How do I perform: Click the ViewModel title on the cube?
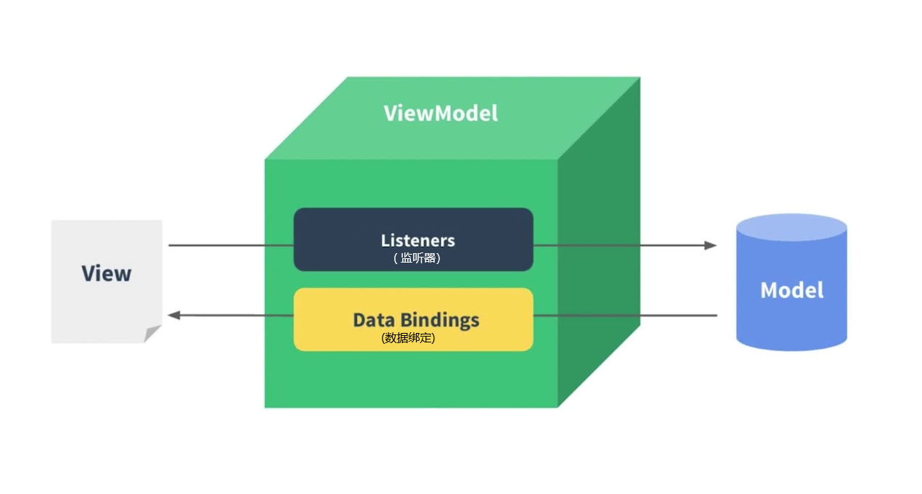[441, 114]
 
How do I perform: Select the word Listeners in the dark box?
[417, 240]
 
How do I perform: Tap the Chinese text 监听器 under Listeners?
[418, 258]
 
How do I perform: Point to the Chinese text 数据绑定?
[408, 337]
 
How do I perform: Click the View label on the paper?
[106, 273]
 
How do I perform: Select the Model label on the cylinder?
[791, 290]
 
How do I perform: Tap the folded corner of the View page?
[152, 334]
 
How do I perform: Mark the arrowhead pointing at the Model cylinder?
[710, 245]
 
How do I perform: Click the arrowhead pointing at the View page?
[174, 316]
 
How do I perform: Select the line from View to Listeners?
[231, 245]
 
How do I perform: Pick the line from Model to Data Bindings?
[624, 316]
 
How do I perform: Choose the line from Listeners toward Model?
[617, 245]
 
